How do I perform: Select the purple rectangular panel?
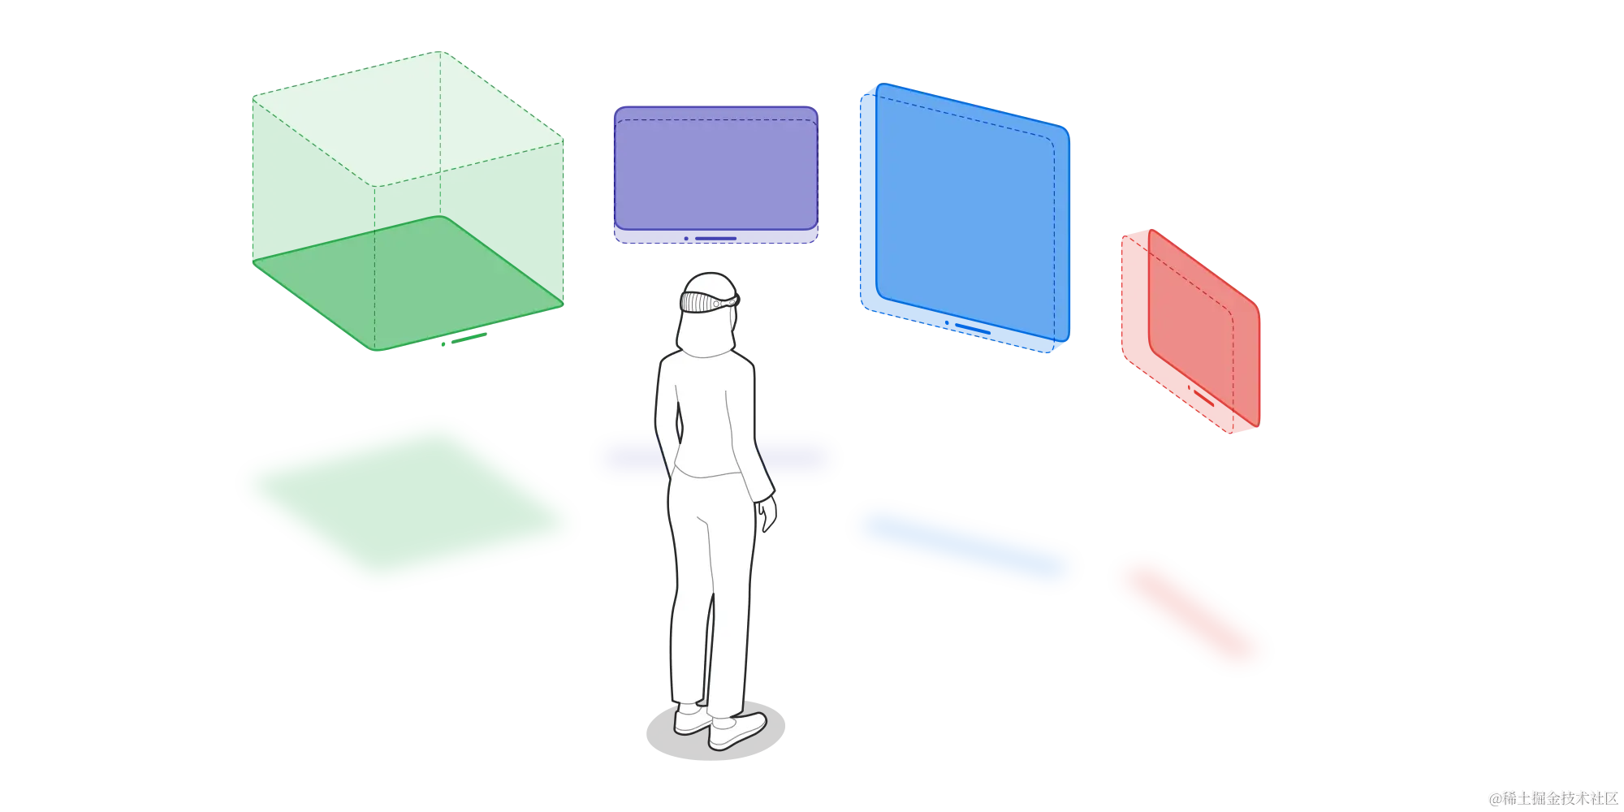(715, 175)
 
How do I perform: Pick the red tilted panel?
(1190, 333)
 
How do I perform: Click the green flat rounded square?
(406, 503)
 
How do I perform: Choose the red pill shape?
(1190, 613)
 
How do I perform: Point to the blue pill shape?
(965, 546)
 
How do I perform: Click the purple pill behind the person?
(800, 459)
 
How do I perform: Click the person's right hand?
(766, 516)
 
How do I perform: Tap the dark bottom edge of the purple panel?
(715, 237)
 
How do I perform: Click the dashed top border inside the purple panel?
(715, 120)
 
